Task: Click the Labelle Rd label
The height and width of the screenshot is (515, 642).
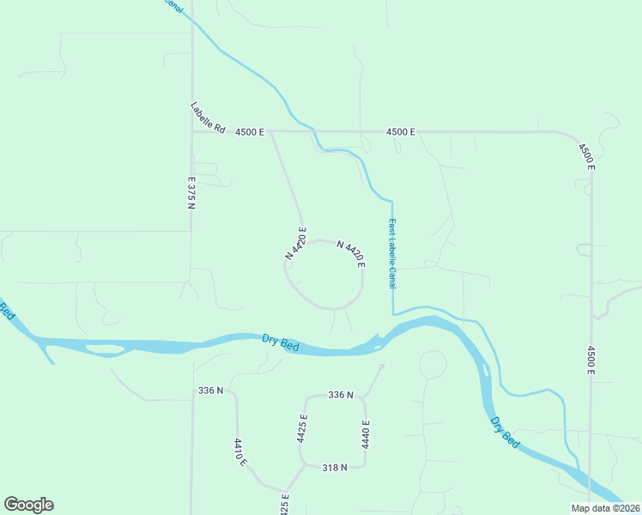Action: [x=207, y=118]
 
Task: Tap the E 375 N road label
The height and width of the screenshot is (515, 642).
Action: [x=192, y=196]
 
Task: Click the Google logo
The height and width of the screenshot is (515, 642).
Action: [x=28, y=505]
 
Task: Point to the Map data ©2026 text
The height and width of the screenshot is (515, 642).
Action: [x=605, y=508]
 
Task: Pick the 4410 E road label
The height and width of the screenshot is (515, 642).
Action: [x=240, y=451]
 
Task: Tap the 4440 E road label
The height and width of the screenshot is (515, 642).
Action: [x=366, y=434]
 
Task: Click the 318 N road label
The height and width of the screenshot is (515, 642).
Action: [x=334, y=468]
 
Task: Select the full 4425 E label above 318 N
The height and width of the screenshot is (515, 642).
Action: [x=302, y=427]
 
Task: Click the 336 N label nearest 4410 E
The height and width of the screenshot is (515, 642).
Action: [x=210, y=391]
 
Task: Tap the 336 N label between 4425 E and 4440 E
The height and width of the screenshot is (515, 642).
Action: [x=341, y=395]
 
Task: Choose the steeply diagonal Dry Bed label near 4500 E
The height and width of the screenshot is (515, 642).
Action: [x=506, y=433]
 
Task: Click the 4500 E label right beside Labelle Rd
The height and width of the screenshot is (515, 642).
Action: [x=251, y=132]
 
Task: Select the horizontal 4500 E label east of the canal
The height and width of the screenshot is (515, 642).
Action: [x=401, y=132]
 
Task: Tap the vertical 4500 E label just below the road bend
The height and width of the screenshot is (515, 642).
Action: [x=586, y=157]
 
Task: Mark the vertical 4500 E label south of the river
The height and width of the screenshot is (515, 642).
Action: [x=591, y=360]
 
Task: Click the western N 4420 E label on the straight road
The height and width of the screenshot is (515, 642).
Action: [x=296, y=243]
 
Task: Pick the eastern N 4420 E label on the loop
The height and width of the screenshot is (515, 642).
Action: [x=351, y=254]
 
